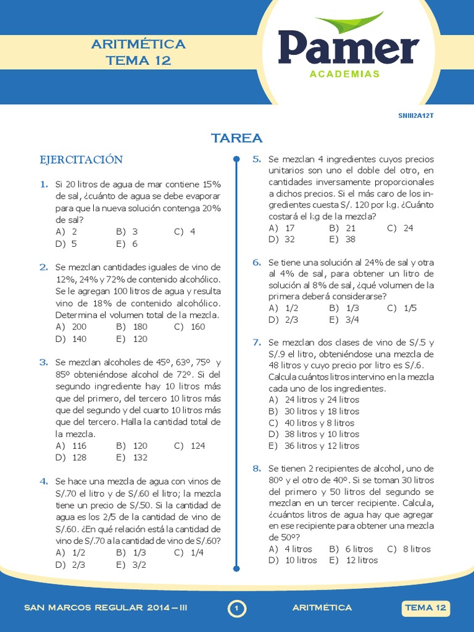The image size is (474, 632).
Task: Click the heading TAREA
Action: [x=237, y=138]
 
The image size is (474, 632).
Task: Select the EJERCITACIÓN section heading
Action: [x=81, y=160]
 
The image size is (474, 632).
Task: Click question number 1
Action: [x=44, y=184]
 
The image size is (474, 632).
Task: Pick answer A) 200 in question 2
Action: [x=71, y=327]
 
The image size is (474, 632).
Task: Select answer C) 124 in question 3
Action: [x=189, y=446]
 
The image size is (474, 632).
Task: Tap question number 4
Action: [x=44, y=481]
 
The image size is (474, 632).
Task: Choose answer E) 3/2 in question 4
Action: [x=131, y=564]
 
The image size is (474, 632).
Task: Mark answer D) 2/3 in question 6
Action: [x=283, y=320]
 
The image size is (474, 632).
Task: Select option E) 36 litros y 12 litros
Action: [x=314, y=446]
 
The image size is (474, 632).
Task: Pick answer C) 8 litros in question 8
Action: [x=409, y=549]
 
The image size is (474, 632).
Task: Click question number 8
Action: [x=257, y=468]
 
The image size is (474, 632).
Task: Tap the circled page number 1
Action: [x=237, y=609]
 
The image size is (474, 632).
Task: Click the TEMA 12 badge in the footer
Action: [x=425, y=609]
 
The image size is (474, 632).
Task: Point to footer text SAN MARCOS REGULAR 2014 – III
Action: [x=106, y=609]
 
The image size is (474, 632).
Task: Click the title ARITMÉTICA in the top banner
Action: [x=138, y=44]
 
